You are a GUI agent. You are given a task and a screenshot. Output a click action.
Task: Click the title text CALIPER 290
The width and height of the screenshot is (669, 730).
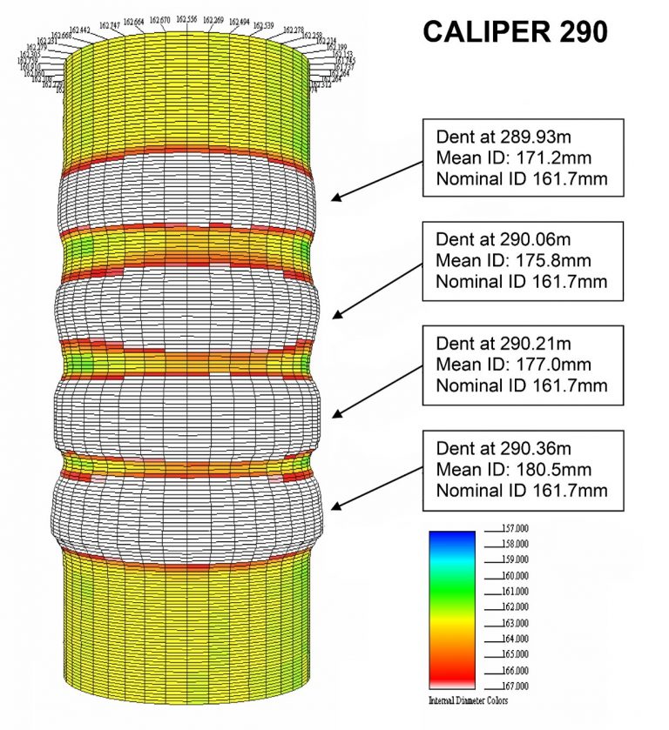[515, 32]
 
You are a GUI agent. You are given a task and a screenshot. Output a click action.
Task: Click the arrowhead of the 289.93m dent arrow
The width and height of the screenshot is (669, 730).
[334, 199]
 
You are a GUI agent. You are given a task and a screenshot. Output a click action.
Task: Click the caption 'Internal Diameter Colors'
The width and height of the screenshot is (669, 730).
[468, 700]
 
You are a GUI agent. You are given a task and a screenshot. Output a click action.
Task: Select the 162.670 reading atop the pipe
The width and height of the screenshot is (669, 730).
[159, 19]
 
